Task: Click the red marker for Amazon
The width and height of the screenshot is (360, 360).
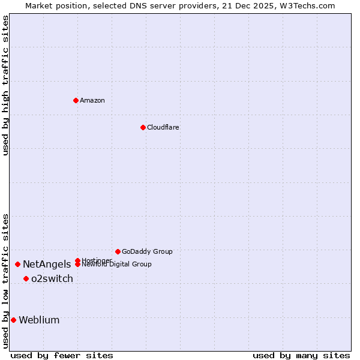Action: coord(76,100)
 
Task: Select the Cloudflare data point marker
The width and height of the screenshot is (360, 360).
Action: coord(143,127)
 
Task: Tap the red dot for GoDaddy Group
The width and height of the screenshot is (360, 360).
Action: coord(118,251)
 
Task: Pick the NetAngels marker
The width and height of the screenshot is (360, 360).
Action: coord(17,264)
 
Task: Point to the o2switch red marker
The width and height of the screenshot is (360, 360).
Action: coord(26,278)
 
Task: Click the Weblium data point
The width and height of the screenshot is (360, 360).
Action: coord(13,320)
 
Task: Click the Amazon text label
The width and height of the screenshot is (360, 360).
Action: coord(92,100)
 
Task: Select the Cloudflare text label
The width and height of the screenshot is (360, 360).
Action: coord(163,127)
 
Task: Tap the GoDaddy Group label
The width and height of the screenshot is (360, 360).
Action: coord(147,251)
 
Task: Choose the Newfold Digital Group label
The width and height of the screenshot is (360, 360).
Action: coord(116,265)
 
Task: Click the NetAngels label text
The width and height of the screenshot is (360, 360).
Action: coord(47,264)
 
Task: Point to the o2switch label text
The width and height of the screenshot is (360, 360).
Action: coord(52,278)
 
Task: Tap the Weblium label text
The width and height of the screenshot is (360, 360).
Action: coord(39,320)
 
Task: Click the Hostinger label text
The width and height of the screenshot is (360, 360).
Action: coord(97,260)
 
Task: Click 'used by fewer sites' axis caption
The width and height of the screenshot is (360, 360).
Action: coord(62,355)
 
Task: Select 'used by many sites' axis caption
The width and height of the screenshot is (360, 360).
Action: coord(301,355)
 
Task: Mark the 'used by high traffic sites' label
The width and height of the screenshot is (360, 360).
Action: coord(5,85)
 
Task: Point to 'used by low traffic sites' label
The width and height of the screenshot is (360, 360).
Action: coord(5,281)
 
